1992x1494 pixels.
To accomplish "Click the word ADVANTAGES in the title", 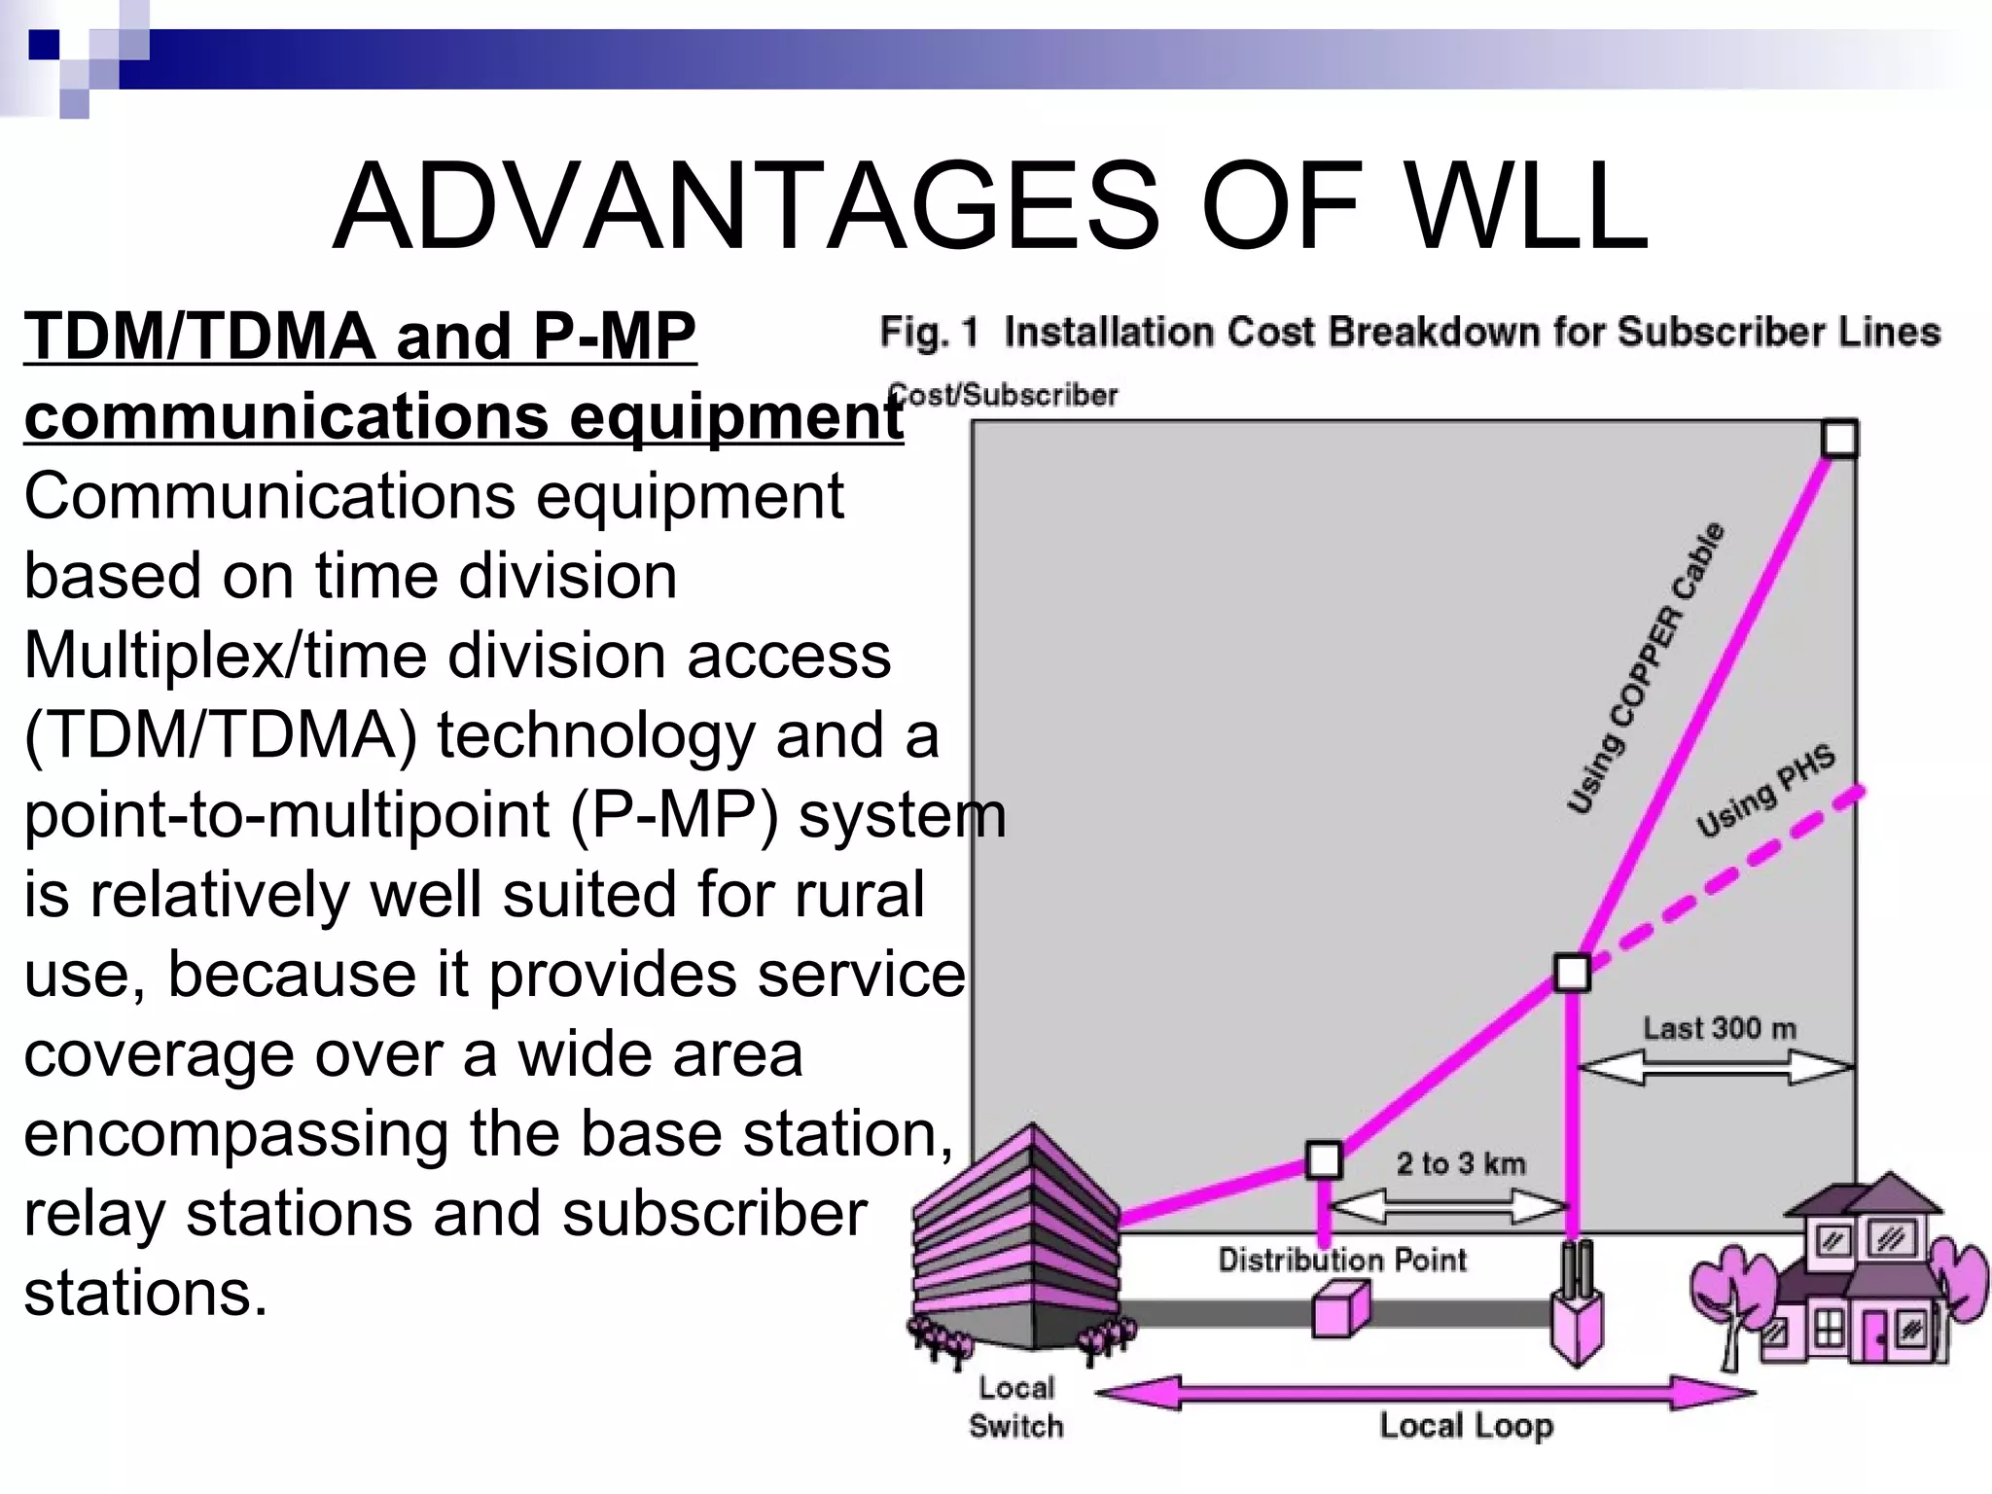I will click(x=745, y=207).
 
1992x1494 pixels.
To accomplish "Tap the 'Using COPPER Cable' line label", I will click(x=1646, y=669).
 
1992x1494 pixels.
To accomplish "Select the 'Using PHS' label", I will click(x=1765, y=790).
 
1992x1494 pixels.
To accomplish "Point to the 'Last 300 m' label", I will click(x=1719, y=1028).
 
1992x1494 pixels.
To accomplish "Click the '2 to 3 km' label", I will click(x=1461, y=1163).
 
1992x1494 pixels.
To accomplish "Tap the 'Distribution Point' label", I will click(x=1342, y=1261).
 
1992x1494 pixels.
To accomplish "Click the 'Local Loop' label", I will click(x=1466, y=1426).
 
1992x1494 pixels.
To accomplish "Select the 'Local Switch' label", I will click(x=1015, y=1407).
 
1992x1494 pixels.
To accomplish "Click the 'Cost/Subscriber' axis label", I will click(x=1004, y=395).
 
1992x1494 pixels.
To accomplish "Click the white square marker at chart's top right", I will click(x=1838, y=439).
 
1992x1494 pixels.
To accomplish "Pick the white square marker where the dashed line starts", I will click(x=1572, y=972).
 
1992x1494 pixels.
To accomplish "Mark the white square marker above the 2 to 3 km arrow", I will click(x=1323, y=1159).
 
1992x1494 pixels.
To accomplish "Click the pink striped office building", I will click(x=1016, y=1240).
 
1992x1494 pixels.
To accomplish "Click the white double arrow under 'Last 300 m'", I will click(x=1715, y=1067).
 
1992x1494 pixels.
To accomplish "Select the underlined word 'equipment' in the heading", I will click(x=735, y=417).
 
